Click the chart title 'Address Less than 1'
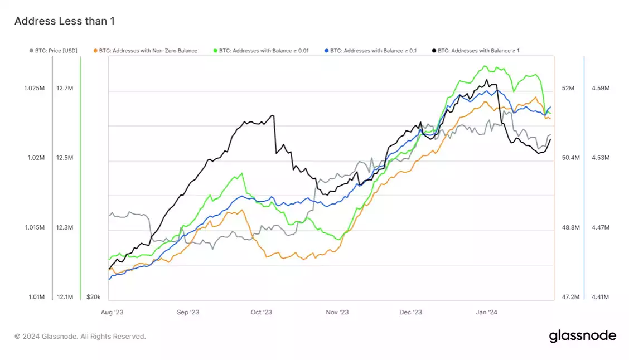(64, 21)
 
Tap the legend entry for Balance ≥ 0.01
(260, 51)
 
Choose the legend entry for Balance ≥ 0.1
(370, 51)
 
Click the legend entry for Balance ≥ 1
(475, 51)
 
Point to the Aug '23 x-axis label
(112, 312)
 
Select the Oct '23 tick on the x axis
(261, 312)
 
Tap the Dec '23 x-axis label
(410, 312)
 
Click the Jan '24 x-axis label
(486, 312)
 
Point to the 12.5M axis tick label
(65, 158)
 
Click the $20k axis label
(93, 297)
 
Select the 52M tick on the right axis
(568, 88)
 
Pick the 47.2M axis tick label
(570, 297)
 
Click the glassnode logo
(582, 336)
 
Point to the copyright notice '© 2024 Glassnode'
(80, 337)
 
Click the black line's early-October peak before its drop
(272, 116)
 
